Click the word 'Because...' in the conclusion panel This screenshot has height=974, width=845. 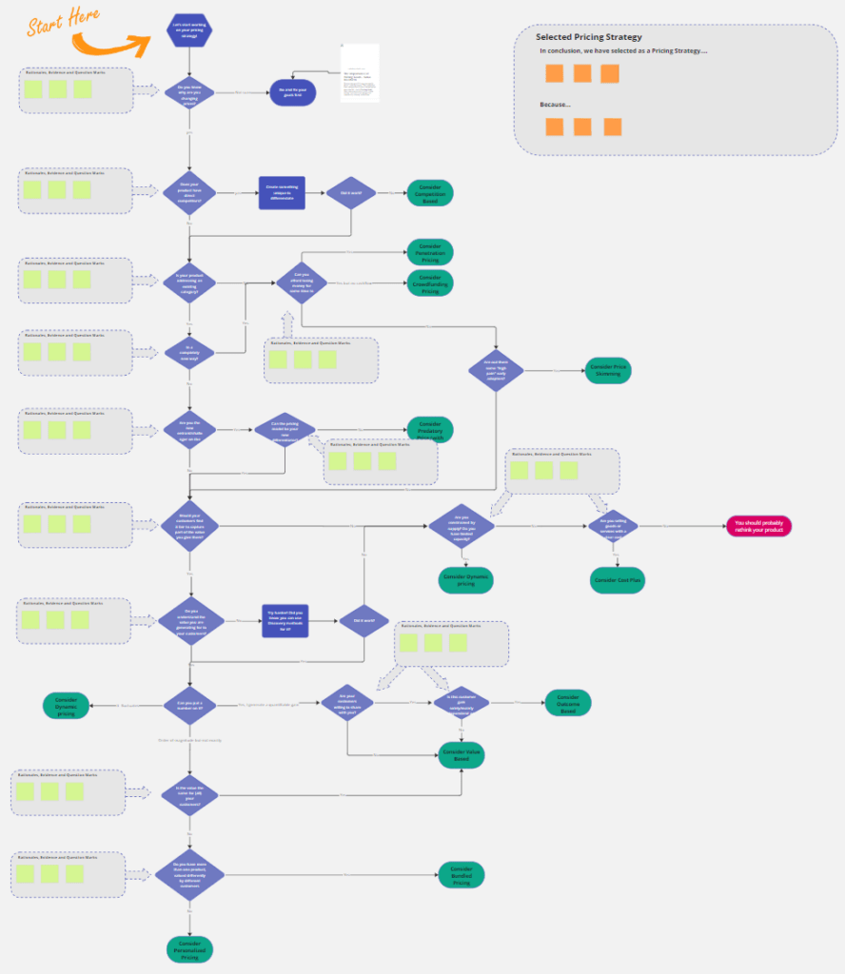coord(555,105)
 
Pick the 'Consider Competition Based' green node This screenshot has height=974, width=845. coord(430,193)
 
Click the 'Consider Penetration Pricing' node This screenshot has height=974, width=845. coord(430,252)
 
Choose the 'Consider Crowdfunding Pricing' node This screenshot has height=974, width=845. coord(430,283)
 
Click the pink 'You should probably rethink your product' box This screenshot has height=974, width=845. coord(758,525)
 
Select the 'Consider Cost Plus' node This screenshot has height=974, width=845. coord(618,579)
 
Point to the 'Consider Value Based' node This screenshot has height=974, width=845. coord(462,755)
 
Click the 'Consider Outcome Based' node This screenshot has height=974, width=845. coord(568,703)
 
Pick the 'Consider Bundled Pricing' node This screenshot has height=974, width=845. coord(462,875)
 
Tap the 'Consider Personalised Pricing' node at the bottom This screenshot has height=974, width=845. coord(189,948)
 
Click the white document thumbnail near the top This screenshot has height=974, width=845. coord(360,72)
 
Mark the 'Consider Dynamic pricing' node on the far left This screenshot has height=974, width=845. coord(67,705)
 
